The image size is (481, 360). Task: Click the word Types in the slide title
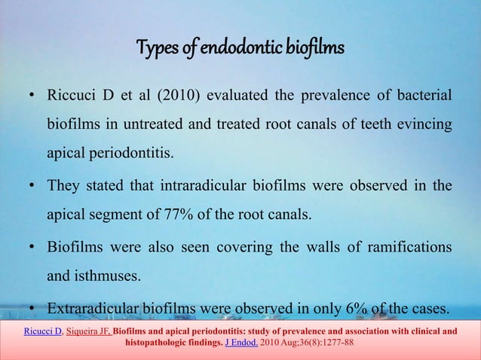(x=154, y=49)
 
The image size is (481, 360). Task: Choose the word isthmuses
(x=93, y=276)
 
